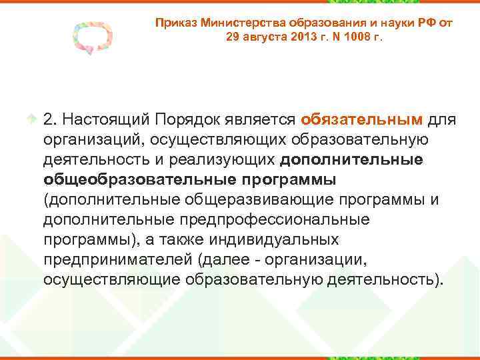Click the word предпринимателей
120,259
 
